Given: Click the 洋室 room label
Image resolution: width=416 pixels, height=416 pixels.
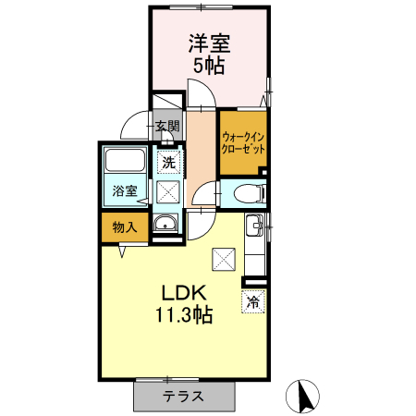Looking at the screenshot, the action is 209,43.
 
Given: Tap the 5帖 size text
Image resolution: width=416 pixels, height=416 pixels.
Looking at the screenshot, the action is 209,66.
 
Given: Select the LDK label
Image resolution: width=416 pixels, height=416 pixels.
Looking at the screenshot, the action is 184,293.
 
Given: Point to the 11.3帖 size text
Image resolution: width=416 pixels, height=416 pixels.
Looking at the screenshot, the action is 184,314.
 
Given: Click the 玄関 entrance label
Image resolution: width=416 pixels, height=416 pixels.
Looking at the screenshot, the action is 167,126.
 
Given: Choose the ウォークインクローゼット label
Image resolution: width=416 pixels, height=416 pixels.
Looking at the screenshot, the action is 243,143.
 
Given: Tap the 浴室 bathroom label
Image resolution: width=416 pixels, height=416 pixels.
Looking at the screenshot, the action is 125,190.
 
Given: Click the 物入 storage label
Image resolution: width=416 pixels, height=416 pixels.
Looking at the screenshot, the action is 125,227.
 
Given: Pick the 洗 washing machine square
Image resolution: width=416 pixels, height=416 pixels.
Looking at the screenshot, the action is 168,163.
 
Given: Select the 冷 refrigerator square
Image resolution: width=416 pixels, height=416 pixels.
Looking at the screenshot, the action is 253,301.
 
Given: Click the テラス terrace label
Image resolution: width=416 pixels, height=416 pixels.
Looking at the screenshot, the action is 183,396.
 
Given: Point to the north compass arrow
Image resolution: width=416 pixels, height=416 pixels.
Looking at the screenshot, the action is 306,397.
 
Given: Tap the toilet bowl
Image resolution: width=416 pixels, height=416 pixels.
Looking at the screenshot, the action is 248,194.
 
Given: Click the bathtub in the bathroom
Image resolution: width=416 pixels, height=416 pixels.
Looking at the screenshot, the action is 125,160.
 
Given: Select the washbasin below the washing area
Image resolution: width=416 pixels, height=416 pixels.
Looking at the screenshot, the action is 165,223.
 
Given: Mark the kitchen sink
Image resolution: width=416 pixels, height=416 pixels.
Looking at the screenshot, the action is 254,226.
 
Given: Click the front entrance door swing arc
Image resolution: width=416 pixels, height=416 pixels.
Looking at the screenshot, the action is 129,122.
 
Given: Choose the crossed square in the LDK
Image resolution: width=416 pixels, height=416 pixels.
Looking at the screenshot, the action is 224,260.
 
